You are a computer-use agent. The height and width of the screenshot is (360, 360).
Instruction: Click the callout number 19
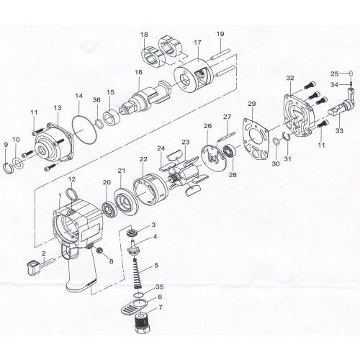[x=220, y=34]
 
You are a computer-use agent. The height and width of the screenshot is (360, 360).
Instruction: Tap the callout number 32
[x=290, y=77]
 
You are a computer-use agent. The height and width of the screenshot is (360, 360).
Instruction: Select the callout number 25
[x=334, y=73]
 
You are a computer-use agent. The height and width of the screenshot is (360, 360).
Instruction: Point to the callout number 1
[x=58, y=196]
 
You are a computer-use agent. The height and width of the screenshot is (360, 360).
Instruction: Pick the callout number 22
[x=143, y=158]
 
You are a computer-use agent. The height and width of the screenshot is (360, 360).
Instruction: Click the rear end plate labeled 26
[x=210, y=160]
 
